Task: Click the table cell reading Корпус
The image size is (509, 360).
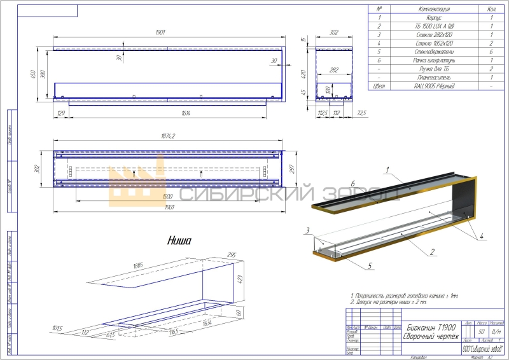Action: [x=435, y=18]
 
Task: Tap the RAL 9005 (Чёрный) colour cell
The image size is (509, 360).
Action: [x=435, y=85]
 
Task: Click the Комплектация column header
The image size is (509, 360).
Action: [x=435, y=10]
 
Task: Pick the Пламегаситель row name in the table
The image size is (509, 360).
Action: [x=435, y=76]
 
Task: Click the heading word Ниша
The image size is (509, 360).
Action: [x=179, y=240]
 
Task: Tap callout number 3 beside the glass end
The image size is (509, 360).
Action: [x=307, y=230]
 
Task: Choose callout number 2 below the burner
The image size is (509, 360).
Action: [x=431, y=253]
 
